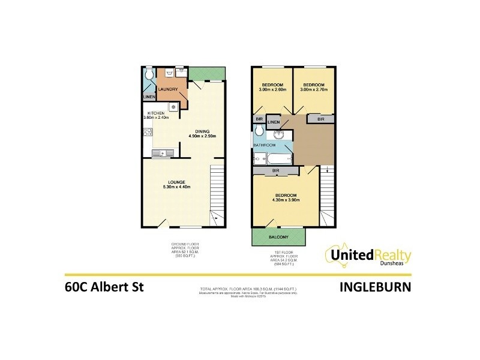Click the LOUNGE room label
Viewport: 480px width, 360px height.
pos(179,182)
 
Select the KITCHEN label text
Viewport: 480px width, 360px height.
pos(156,112)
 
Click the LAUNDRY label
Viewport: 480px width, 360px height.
pos(169,90)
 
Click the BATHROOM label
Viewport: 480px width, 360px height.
pos(264,145)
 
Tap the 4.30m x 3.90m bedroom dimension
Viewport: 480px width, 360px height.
pos(286,200)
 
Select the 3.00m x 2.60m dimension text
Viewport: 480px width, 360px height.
pos(272,90)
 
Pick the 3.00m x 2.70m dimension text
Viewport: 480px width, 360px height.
pos(313,90)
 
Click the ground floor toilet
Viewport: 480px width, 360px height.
pos(149,75)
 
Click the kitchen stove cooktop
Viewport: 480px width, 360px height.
pos(173,107)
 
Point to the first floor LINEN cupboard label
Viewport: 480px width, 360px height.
pos(274,122)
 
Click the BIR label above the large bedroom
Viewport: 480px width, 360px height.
pos(277,171)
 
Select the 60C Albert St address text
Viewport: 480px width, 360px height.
pos(104,287)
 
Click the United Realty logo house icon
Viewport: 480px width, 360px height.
pos(336,254)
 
